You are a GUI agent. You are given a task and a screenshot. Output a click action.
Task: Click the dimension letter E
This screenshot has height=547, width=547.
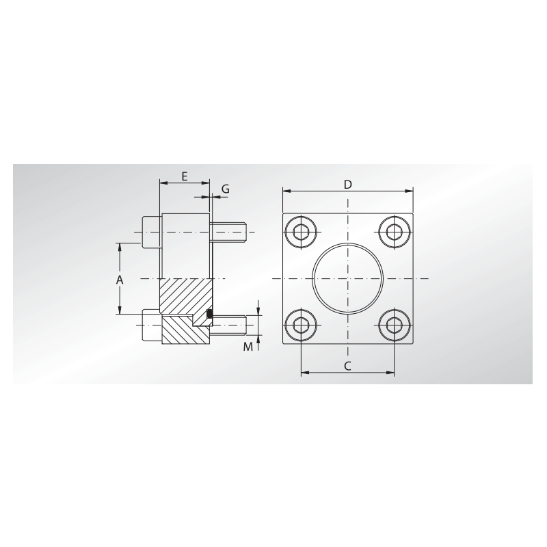(185, 176)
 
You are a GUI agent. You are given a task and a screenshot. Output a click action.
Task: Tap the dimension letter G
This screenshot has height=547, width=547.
(226, 189)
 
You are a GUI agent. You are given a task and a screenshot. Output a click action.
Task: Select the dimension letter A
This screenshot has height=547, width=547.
(120, 280)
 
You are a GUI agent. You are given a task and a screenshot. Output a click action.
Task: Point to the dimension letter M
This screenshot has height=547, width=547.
(248, 347)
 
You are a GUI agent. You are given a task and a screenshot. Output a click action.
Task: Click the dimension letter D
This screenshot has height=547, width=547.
(348, 185)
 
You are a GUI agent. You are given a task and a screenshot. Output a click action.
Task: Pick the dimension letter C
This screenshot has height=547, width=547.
(347, 366)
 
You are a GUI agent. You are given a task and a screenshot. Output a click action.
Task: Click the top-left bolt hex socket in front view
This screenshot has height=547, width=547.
(301, 232)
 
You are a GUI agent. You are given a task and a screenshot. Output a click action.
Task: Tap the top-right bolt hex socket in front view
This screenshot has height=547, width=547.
(395, 232)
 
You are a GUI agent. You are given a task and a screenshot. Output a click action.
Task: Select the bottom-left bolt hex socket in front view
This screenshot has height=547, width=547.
(301, 325)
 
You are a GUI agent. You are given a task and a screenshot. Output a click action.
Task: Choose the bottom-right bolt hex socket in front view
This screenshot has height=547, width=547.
(395, 325)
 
